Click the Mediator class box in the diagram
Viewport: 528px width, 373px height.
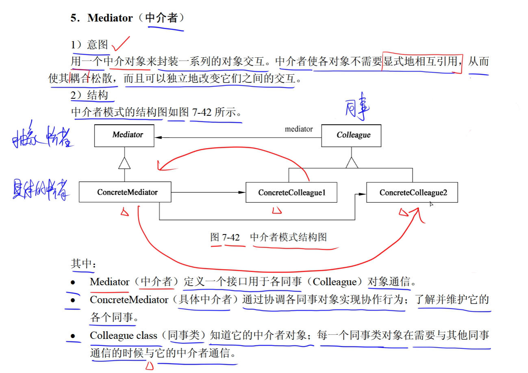(124, 135)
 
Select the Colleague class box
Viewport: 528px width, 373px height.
(351, 135)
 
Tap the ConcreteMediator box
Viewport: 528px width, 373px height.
(125, 192)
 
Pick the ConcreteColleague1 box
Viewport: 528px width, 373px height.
(291, 192)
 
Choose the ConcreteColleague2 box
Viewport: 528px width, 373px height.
(412, 192)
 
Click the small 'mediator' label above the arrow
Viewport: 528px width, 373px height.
(299, 129)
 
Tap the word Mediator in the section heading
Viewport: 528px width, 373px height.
(110, 18)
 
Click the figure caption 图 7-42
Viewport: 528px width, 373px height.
(225, 237)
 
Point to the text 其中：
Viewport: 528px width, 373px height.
(83, 264)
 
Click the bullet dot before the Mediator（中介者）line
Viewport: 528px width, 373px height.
(73, 282)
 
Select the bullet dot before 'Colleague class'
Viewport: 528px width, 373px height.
(73, 336)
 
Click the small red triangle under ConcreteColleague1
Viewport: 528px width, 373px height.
(277, 210)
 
